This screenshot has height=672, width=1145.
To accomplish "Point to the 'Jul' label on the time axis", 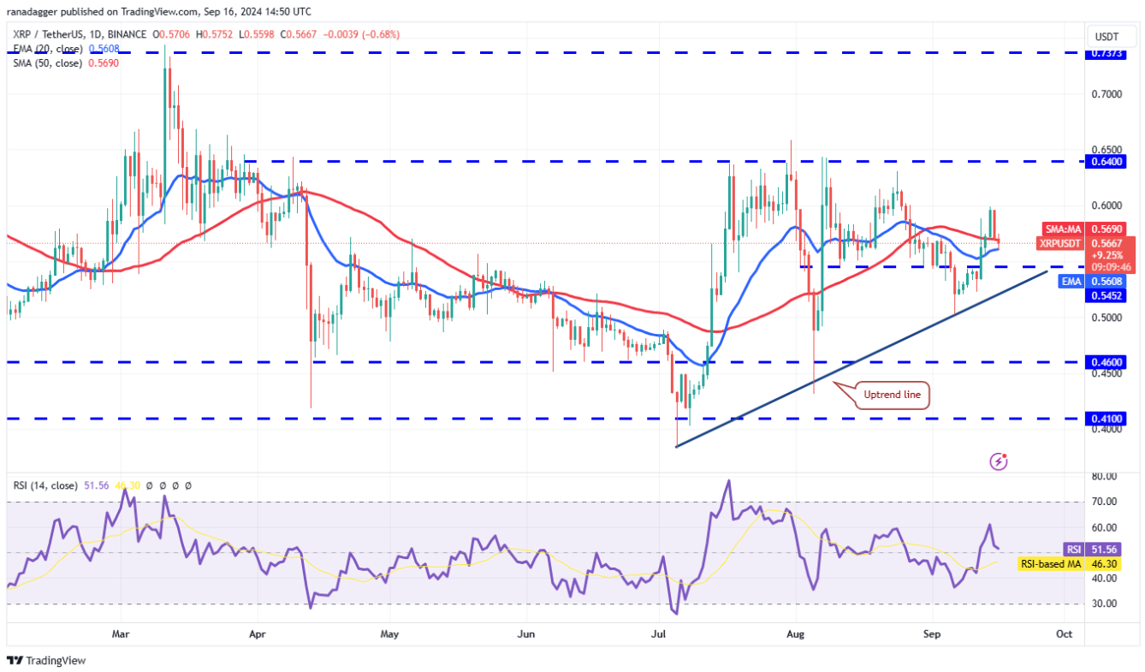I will [x=659, y=634].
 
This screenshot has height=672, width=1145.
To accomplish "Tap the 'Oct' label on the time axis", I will [x=1064, y=634].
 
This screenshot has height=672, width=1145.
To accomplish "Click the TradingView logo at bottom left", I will [x=46, y=661].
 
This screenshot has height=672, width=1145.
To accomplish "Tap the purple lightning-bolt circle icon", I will [x=998, y=461].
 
